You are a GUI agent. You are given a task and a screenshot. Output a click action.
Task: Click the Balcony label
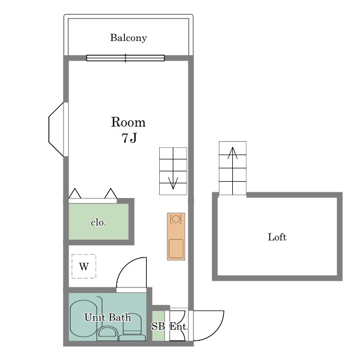click(128, 38)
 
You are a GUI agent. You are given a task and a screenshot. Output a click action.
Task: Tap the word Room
click(128, 122)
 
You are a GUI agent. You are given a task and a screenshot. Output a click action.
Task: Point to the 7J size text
click(129, 138)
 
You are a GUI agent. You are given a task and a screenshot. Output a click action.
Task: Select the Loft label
click(277, 237)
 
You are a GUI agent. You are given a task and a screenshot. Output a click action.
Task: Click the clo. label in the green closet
click(98, 223)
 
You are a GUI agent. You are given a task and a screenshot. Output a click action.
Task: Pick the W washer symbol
click(84, 266)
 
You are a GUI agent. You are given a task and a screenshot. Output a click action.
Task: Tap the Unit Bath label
click(107, 317)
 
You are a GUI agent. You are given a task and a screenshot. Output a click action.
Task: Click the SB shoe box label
click(158, 326)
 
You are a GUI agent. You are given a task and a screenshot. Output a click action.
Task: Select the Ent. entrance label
click(179, 326)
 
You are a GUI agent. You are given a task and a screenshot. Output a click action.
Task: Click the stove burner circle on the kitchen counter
click(176, 219)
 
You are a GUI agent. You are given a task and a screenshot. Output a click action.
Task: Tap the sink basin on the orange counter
click(176, 249)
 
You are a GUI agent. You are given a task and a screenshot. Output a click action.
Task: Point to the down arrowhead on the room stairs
click(173, 183)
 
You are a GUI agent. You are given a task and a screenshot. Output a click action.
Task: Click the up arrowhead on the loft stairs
click(232, 152)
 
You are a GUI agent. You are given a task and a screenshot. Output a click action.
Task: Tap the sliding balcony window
click(125, 58)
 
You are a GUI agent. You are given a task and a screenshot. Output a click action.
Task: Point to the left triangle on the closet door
click(75, 193)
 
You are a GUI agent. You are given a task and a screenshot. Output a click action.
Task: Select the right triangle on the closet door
click(111, 193)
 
